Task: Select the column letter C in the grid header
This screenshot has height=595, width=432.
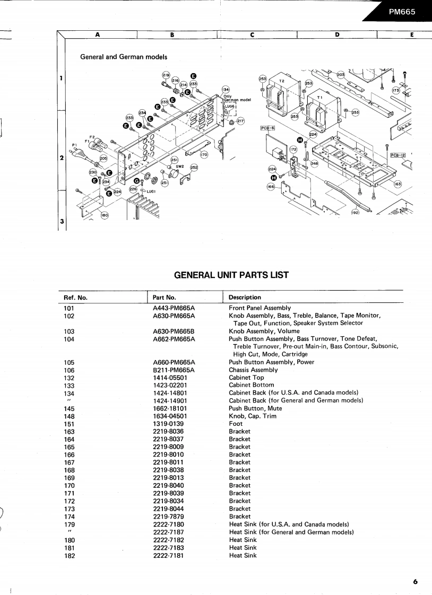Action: point(252,36)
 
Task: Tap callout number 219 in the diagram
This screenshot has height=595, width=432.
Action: point(166,75)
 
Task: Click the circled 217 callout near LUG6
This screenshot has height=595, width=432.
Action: point(240,121)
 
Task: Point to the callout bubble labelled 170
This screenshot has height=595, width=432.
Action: point(204,154)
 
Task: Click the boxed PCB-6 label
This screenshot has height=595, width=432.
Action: point(267,128)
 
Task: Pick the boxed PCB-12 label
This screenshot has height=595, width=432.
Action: point(398,155)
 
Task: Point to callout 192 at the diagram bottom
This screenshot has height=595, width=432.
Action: point(355,213)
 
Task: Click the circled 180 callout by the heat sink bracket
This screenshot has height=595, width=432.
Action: point(104,215)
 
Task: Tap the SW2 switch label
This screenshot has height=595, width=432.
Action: point(179,167)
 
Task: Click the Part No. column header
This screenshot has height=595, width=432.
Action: point(164,297)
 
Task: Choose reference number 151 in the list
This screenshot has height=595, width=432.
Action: point(70,424)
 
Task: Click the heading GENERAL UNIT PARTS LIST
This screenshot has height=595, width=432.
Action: point(231,275)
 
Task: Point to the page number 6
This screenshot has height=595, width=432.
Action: point(416,582)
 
